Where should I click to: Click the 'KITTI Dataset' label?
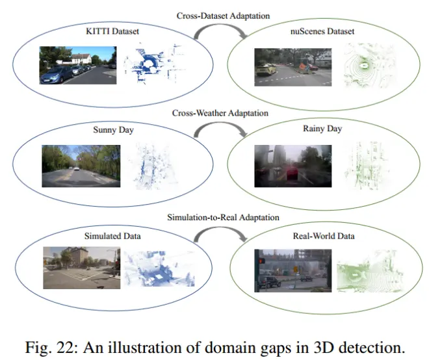click(112, 31)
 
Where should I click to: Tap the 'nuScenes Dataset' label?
click(322, 31)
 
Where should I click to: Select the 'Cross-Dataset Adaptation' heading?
click(223, 16)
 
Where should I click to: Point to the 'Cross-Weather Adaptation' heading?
click(220, 113)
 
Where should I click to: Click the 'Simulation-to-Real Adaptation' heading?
click(223, 217)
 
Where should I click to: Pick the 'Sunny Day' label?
click(113, 130)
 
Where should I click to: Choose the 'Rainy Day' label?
click(322, 129)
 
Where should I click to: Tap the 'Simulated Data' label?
click(112, 236)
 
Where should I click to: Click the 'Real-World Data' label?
click(324, 236)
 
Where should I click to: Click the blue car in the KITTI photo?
click(57, 75)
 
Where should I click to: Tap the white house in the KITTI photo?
click(81, 58)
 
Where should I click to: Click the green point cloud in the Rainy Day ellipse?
click(367, 166)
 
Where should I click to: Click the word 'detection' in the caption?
click(372, 348)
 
